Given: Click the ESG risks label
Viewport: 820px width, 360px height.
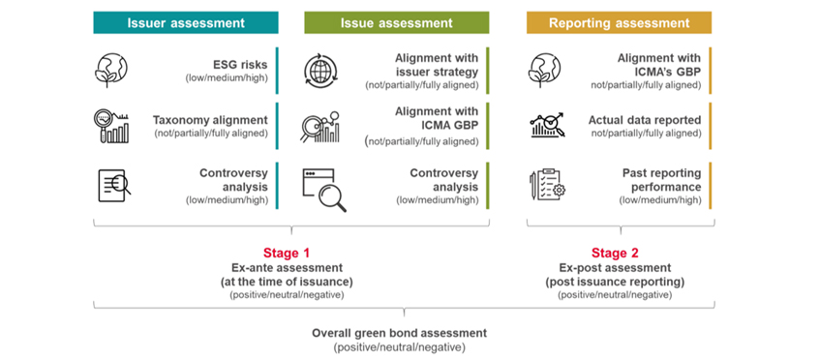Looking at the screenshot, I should [241, 65].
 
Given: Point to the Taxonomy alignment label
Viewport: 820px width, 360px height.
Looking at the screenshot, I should [212, 121].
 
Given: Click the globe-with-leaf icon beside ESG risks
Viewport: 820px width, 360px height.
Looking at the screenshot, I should [114, 70].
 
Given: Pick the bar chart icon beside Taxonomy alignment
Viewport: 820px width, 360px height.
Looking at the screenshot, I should [114, 126].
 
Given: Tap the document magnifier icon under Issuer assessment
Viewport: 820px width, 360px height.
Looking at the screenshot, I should [114, 184].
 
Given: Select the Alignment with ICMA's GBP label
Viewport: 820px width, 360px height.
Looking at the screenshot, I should [659, 65].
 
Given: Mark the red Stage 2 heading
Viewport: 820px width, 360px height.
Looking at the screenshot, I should [616, 253].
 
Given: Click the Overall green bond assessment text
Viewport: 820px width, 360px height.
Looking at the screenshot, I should [399, 333].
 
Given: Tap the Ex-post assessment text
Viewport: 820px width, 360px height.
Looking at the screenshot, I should [616, 268].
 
